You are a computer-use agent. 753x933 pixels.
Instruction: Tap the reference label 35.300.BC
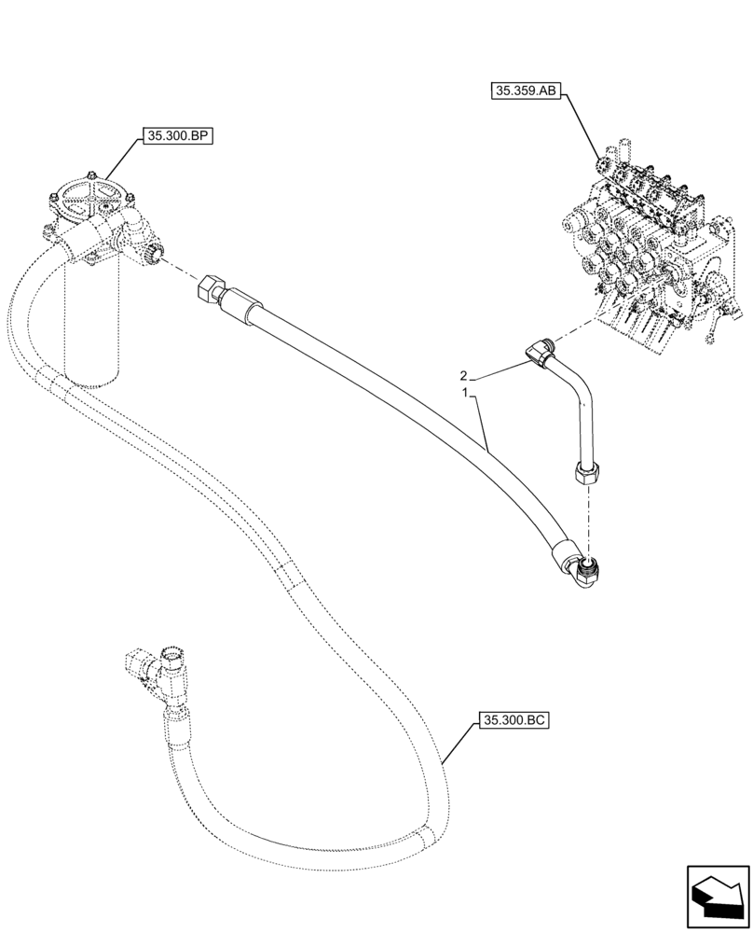pyautogui.click(x=514, y=720)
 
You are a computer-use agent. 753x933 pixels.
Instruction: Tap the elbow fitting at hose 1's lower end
pyautogui.click(x=585, y=571)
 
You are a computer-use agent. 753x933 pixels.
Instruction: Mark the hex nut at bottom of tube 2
pyautogui.click(x=585, y=473)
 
